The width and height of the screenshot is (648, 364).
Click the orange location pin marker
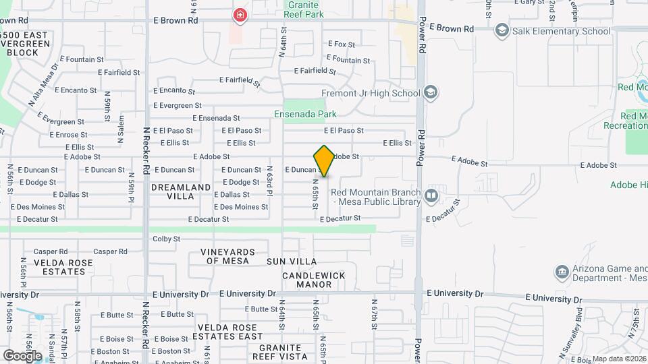click(325, 161)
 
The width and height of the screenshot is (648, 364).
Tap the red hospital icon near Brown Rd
click(239, 15)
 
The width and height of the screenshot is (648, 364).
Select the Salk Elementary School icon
click(502, 30)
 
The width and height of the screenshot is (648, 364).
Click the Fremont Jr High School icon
click(431, 93)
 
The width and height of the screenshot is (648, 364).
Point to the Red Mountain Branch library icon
click(431, 196)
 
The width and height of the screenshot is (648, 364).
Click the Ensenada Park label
click(305, 114)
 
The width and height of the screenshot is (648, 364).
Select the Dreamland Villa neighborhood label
click(181, 191)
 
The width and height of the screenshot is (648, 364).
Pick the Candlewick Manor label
click(313, 280)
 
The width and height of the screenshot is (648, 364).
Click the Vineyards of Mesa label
click(227, 256)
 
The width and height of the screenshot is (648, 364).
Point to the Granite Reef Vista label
click(280, 352)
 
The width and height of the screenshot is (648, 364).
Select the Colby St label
click(167, 239)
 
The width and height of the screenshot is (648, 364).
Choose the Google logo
click(22, 355)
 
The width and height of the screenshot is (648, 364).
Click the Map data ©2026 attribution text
click(619, 359)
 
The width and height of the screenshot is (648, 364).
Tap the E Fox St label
click(342, 44)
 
